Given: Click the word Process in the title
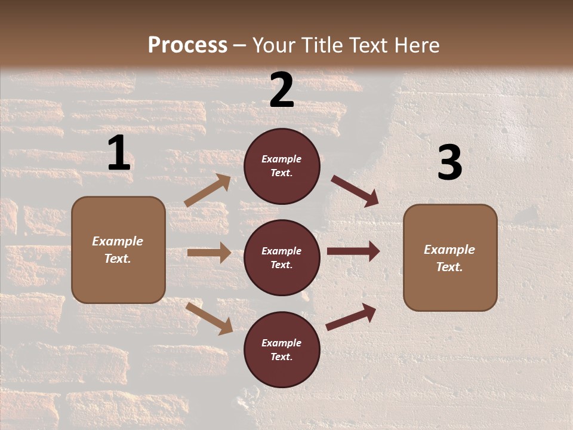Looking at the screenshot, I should coord(187,45).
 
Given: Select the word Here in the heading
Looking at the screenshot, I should coord(416,45).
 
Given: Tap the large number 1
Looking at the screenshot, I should coord(119,153).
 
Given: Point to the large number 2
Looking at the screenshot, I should coord(282,91).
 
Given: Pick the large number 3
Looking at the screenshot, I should coord(449,163).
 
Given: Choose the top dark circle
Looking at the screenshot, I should coord(282,166).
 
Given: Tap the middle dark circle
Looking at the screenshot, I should coord(282,257).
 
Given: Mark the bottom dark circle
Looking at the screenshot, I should coord(282,349).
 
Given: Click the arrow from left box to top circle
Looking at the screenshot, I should coord(208,191).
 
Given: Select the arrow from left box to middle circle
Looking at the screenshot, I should coord(209,253).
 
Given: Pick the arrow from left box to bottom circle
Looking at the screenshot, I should coord(210,318).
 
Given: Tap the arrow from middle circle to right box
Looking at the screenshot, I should coord(353,251).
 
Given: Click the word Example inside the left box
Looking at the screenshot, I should coord(118,241).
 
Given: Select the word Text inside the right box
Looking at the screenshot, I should coord(449,267).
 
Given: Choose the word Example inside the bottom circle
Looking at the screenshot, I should coord(282,343).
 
